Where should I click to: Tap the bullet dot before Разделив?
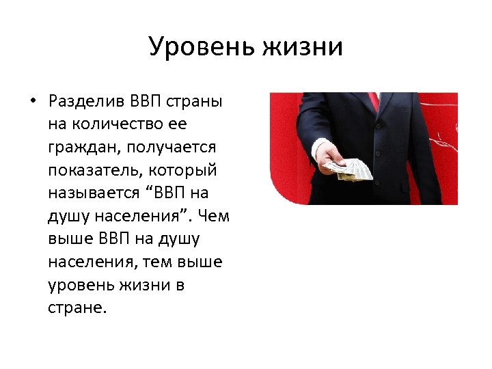[33, 102]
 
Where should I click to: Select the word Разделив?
[87, 102]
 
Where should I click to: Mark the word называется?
[89, 192]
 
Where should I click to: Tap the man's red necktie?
[372, 100]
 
